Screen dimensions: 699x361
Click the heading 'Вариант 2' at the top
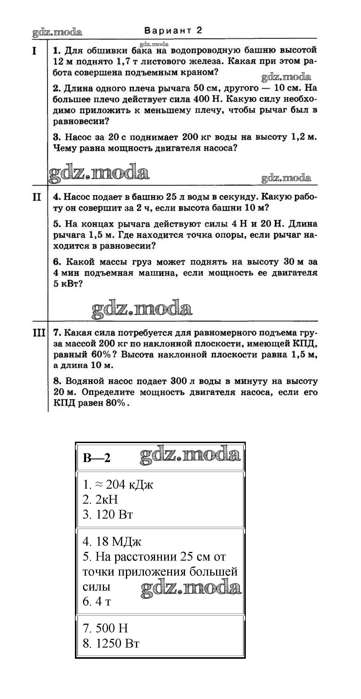click(x=173, y=30)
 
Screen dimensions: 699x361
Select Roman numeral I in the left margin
click(x=34, y=51)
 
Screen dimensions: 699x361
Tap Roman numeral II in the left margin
click(x=37, y=197)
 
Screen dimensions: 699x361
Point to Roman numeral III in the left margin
click(x=39, y=333)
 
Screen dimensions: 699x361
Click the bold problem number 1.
click(x=56, y=51)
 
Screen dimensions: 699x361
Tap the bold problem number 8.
click(x=57, y=381)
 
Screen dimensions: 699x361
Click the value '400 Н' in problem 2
click(x=206, y=99)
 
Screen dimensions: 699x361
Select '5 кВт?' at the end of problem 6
click(x=68, y=284)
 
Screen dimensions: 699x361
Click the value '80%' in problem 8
click(x=116, y=403)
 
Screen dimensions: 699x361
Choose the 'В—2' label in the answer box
click(x=97, y=458)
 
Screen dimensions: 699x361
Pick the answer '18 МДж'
click(x=119, y=542)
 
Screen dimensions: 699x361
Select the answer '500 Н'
click(x=112, y=628)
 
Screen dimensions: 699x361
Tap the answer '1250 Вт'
click(x=117, y=643)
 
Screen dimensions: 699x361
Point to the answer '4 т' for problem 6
click(x=103, y=602)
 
